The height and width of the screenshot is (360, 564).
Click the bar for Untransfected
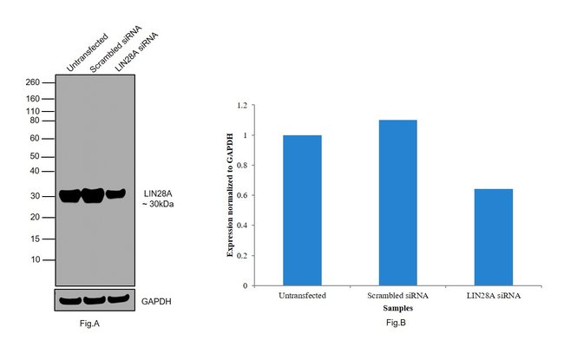coord(301,210)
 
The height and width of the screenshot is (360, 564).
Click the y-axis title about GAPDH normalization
coord(230,195)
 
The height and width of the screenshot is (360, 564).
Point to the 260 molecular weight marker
coord(33,82)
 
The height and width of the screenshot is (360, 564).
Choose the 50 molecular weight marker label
coord(36,156)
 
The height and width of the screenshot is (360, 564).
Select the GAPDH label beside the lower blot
coord(157,300)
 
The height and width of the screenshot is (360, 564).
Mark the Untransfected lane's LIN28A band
coord(70,195)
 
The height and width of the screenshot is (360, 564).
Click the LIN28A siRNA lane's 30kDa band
coord(116,193)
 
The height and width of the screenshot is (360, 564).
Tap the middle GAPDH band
coord(94,300)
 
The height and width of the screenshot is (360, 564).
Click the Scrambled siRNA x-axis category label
coord(397,296)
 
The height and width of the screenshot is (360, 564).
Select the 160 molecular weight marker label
coord(33,99)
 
